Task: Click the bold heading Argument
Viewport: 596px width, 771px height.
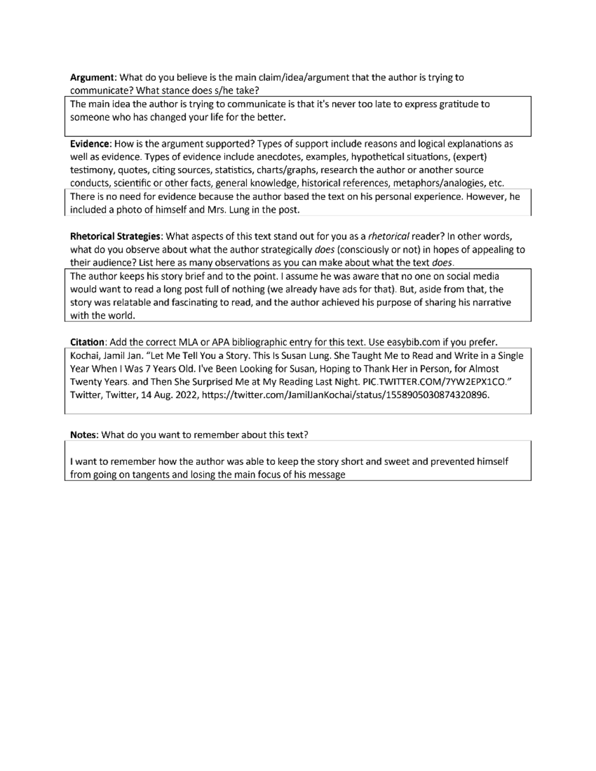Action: point(92,77)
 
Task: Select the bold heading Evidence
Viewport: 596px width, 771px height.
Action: point(91,144)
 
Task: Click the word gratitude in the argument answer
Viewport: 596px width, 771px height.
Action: point(460,104)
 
